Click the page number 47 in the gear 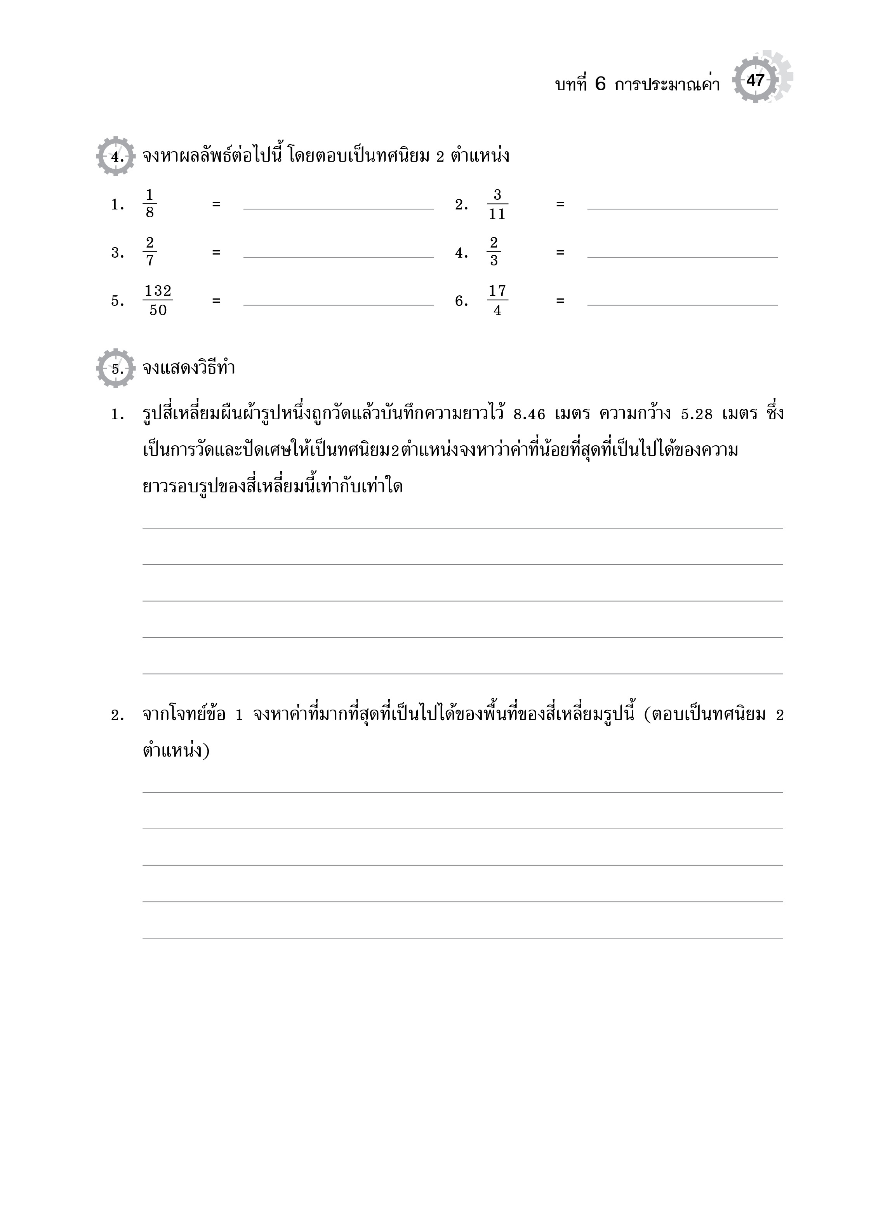coord(755,81)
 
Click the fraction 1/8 coord(149,204)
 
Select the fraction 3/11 coord(497,204)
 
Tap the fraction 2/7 coord(149,252)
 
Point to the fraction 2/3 coord(494,252)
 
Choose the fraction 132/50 coord(158,300)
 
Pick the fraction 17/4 coord(497,300)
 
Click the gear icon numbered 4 coord(116,156)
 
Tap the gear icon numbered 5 coord(116,369)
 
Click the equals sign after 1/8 coord(216,204)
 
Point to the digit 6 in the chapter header coord(600,84)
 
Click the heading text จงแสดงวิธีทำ coord(189,369)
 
